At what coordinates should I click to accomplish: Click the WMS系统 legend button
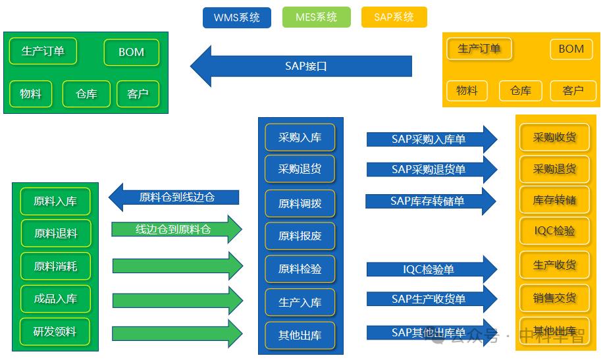[x=236, y=17]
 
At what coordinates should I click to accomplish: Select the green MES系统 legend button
[x=317, y=17]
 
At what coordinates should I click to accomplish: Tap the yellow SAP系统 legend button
[x=394, y=17]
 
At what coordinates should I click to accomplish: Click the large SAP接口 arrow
[x=303, y=66]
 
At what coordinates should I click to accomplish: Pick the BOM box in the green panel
[x=131, y=53]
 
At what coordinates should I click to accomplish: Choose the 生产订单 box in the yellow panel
[x=479, y=49]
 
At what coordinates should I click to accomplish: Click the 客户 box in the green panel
[x=138, y=94]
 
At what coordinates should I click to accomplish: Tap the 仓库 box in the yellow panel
[x=520, y=91]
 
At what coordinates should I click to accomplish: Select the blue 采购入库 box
[x=300, y=138]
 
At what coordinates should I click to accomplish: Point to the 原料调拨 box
[x=300, y=203]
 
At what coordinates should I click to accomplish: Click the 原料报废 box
[x=300, y=236]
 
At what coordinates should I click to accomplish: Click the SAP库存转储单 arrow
[x=429, y=201]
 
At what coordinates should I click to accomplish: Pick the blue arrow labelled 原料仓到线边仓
[x=174, y=197]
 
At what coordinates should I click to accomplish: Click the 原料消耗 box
[x=55, y=266]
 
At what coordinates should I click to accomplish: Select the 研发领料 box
[x=55, y=331]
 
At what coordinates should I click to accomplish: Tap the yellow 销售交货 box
[x=554, y=298]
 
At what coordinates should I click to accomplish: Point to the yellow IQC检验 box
[x=554, y=231]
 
